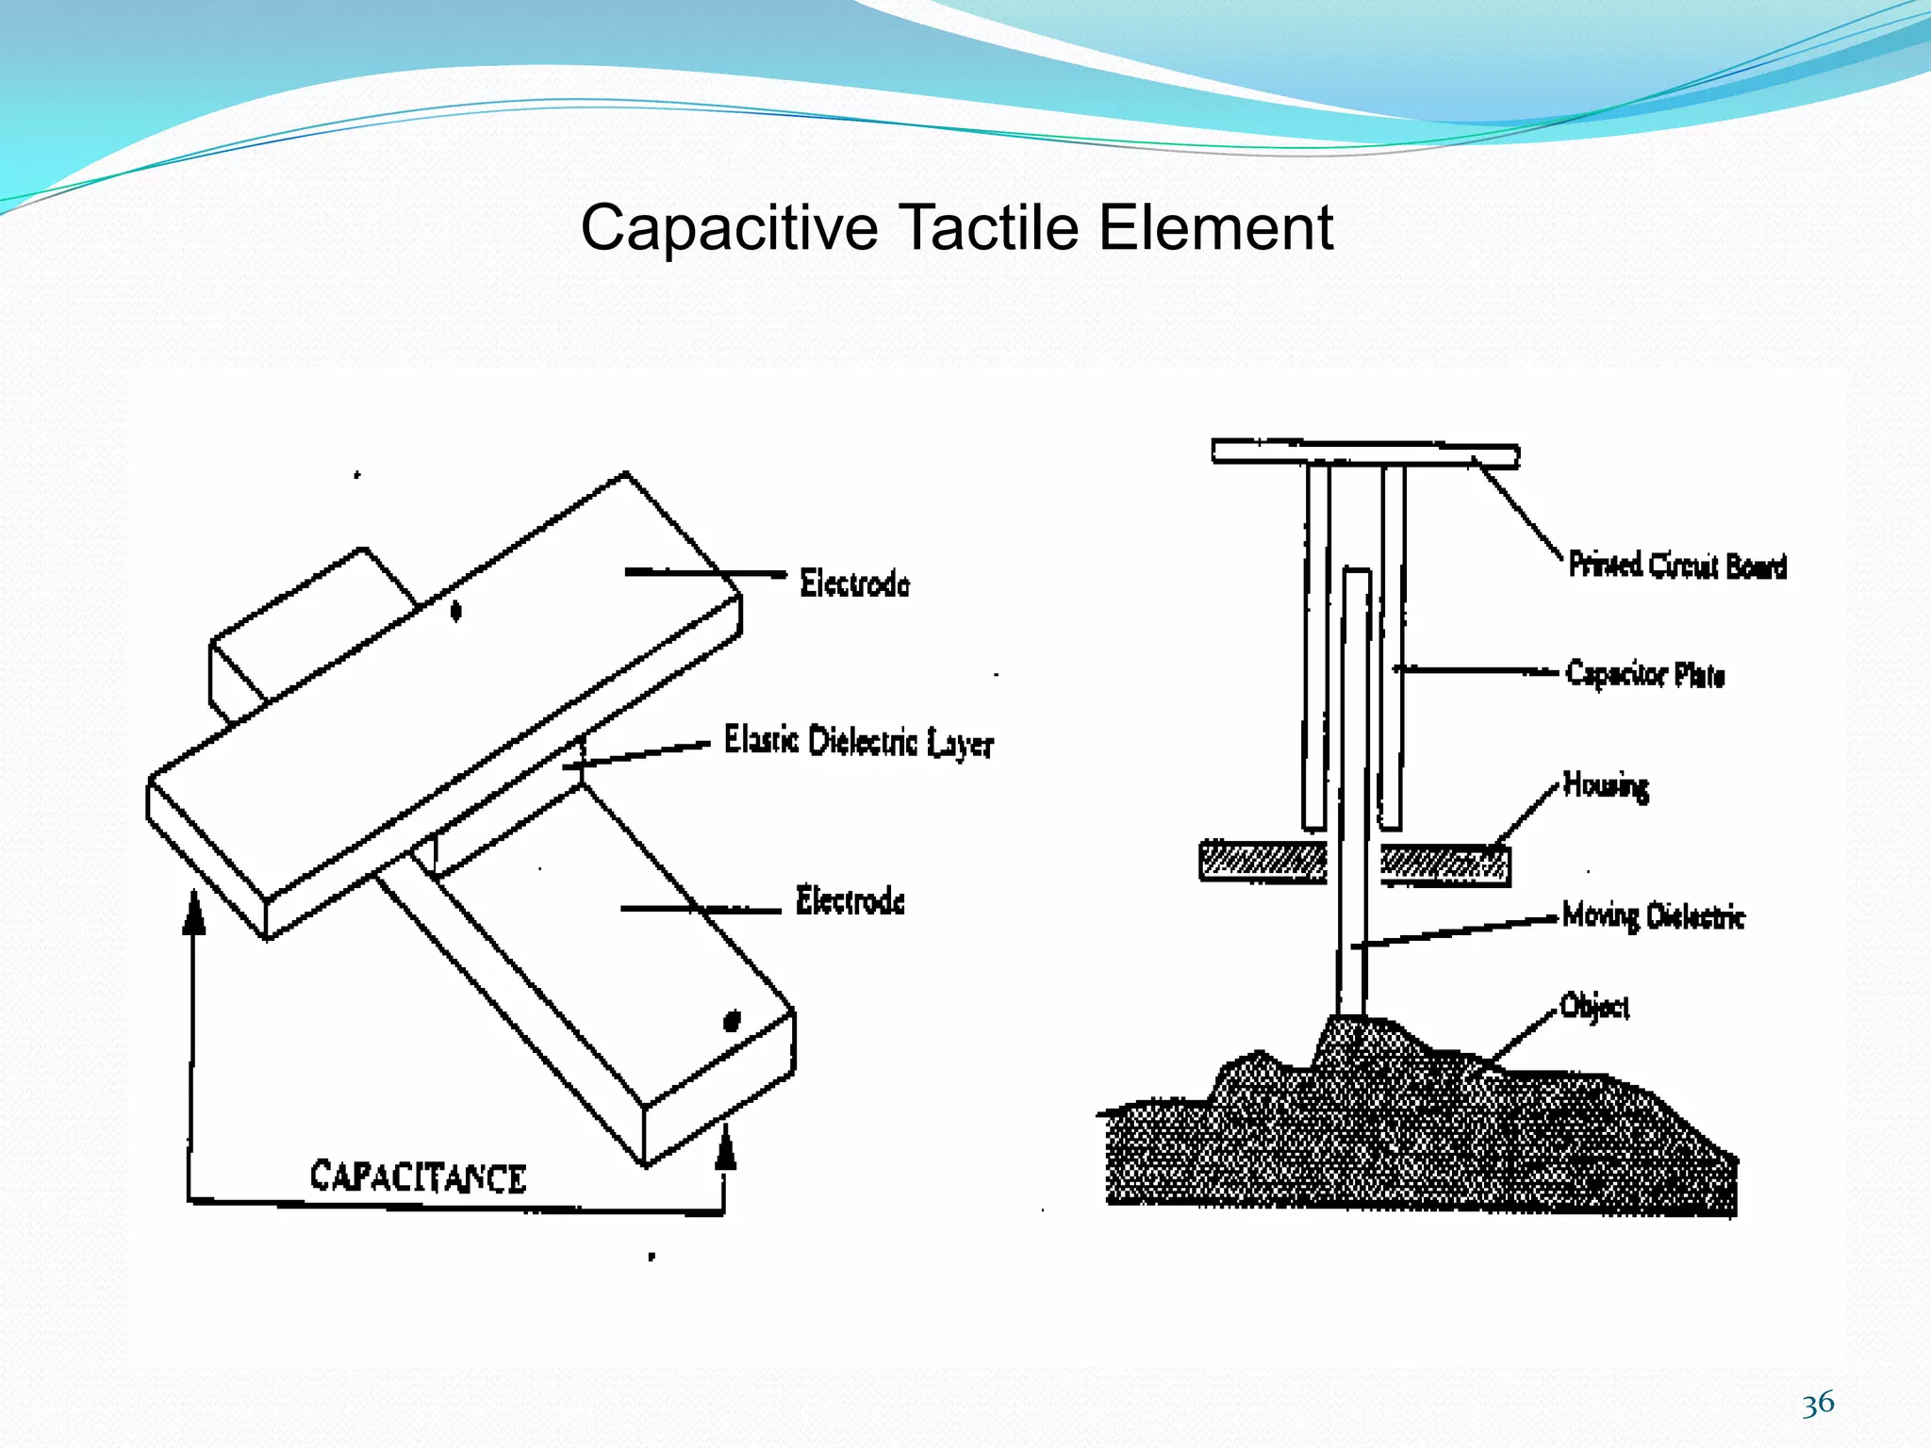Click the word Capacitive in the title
click(729, 228)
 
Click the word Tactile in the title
click(987, 228)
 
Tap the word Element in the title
click(1216, 228)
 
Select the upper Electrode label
click(854, 584)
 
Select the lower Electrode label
click(850, 900)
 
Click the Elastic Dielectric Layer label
click(858, 741)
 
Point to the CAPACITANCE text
click(418, 1177)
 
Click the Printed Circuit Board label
click(1677, 565)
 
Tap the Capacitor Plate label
click(1645, 674)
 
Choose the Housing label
click(1606, 784)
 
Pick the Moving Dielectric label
click(1653, 915)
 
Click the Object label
click(1594, 1007)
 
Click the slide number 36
click(1818, 1404)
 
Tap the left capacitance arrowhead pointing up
click(194, 913)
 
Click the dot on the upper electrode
click(456, 612)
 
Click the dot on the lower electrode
click(732, 1021)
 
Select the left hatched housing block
click(1263, 861)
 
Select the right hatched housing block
click(1444, 864)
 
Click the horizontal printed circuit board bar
click(1364, 453)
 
